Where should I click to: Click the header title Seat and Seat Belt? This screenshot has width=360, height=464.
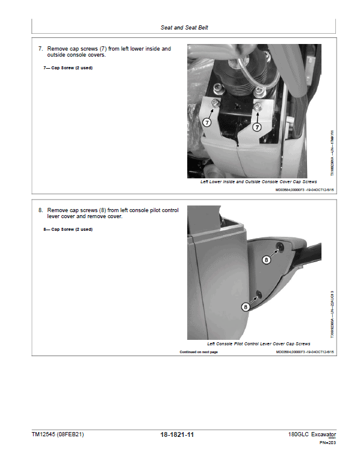click(184, 27)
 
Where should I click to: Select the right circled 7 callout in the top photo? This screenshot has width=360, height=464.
click(257, 127)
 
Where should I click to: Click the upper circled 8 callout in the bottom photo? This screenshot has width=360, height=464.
click(267, 259)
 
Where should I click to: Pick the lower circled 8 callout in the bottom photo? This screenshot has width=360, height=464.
click(246, 307)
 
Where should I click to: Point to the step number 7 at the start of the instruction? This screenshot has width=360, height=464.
click(40, 49)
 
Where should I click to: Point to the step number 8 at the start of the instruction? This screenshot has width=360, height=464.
click(40, 210)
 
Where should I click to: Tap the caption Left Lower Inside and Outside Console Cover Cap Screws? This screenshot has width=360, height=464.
click(259, 181)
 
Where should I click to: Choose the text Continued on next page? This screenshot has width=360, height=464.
click(199, 352)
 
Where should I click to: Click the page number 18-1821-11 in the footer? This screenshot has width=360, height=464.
click(181, 434)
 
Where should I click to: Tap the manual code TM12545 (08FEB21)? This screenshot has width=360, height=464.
click(58, 434)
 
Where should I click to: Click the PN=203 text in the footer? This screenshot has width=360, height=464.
click(327, 443)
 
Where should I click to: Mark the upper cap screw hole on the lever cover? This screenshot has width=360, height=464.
click(280, 247)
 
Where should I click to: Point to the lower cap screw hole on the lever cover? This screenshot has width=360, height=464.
click(259, 293)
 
